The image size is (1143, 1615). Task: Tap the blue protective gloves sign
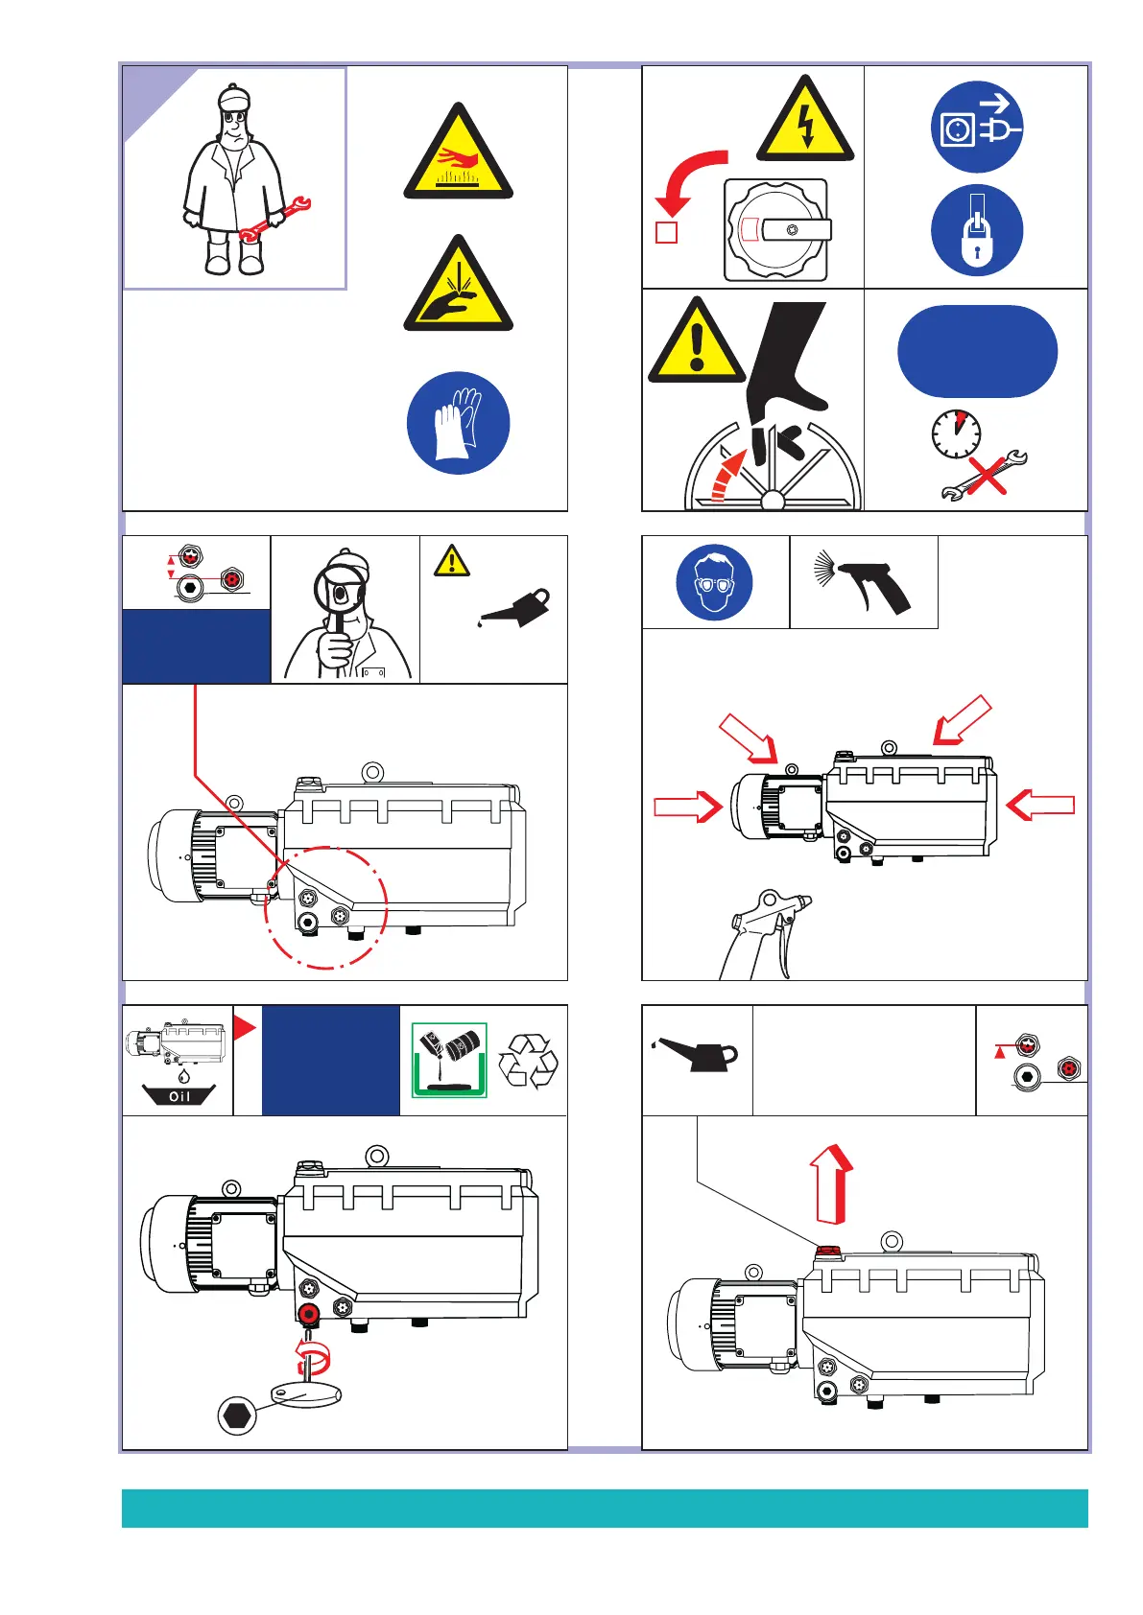[458, 423]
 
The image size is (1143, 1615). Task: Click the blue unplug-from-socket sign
[977, 127]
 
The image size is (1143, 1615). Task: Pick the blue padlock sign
[977, 230]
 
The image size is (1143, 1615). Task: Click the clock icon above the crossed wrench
[956, 434]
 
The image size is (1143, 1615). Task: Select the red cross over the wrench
[987, 476]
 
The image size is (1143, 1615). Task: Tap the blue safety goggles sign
[714, 582]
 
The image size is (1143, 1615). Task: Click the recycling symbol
[527, 1061]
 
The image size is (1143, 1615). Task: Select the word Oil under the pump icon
[179, 1096]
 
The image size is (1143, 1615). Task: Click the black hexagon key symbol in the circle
[237, 1415]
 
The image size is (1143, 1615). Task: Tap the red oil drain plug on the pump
[309, 1314]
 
